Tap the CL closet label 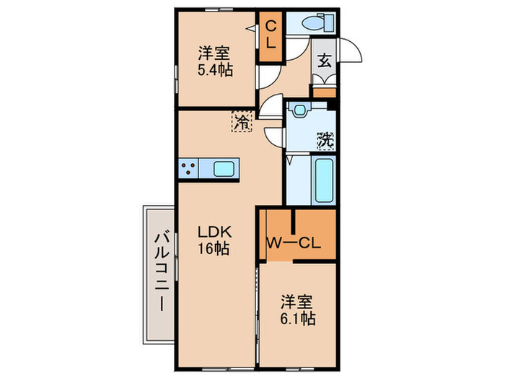click(x=271, y=34)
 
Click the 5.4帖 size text click(x=215, y=71)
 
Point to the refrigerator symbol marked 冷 click(x=242, y=121)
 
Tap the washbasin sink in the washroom click(x=298, y=111)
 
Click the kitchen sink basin click(x=223, y=170)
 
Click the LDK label click(x=214, y=232)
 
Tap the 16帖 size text click(x=214, y=249)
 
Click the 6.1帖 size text click(x=297, y=318)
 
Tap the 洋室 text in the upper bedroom click(x=215, y=54)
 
